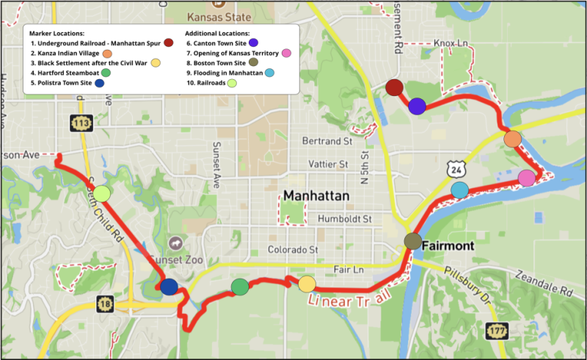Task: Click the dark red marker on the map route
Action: (395, 88)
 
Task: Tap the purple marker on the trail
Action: (418, 106)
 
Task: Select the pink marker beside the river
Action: (527, 177)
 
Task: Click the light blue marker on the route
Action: (459, 190)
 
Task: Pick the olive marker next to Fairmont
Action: (413, 241)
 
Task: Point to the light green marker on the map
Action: (102, 194)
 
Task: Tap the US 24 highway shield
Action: (456, 169)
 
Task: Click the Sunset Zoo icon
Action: (177, 242)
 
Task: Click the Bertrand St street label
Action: (327, 140)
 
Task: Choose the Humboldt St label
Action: (345, 218)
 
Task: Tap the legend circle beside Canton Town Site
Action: (253, 43)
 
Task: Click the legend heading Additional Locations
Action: (217, 34)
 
